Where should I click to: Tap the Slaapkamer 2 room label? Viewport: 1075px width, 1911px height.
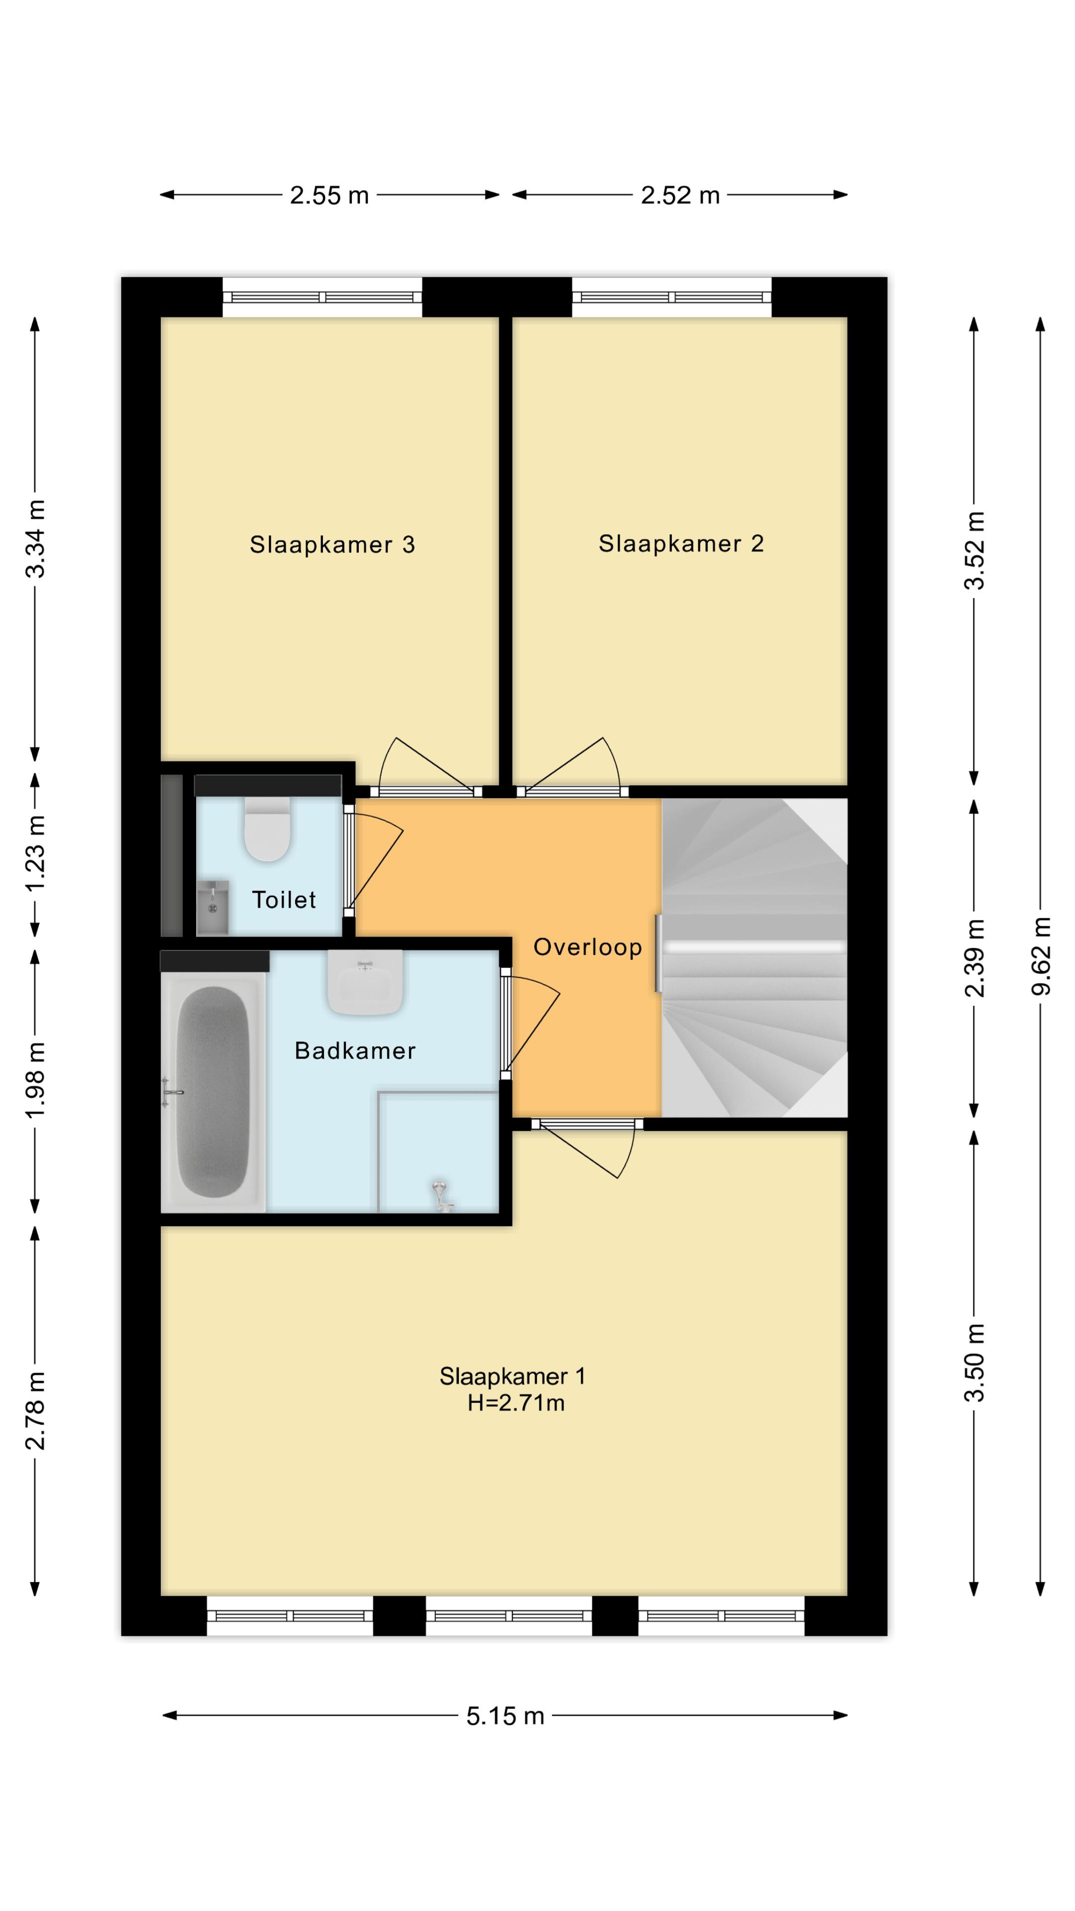(x=681, y=544)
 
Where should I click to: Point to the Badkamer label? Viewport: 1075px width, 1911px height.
(x=355, y=1051)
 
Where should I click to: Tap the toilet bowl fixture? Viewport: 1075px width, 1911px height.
(x=267, y=830)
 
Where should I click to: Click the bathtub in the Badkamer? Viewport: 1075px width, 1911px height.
(x=213, y=1092)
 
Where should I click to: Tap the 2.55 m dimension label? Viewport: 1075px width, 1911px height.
(x=329, y=195)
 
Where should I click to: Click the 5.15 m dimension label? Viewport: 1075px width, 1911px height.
(x=505, y=1716)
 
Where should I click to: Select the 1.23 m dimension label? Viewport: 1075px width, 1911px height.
(x=35, y=853)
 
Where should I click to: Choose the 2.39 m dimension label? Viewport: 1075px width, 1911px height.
(x=975, y=957)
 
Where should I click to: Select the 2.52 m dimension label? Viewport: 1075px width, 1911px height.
(x=680, y=195)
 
